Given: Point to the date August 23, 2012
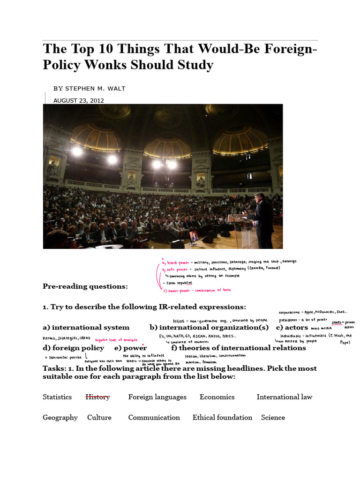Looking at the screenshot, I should pos(79,100).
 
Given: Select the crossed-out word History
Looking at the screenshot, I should pos(97,397).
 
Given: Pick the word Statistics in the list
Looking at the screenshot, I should pos(57,397).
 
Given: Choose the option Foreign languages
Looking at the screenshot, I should pos(157,397).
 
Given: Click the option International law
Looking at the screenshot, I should pos(284,397).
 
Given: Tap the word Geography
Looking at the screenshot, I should pos(60,417).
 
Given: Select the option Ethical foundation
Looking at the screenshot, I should pos(222,417).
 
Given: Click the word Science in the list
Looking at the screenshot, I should pos(273,417).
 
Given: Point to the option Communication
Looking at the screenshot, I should pos(154,417).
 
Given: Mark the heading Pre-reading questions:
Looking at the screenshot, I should pos(85,286).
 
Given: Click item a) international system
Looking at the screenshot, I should pos(86,327).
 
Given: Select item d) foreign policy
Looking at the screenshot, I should pos(73,348).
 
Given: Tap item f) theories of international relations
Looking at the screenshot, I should pos(238,348).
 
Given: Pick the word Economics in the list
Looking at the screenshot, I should pos(217,397).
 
